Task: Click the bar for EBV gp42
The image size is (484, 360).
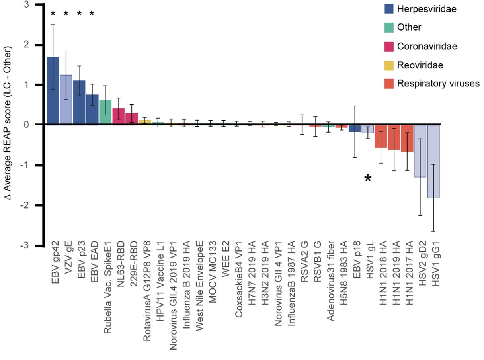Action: click(x=53, y=91)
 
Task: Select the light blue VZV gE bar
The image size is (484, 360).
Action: click(x=66, y=100)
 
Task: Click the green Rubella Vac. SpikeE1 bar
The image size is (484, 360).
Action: click(x=105, y=112)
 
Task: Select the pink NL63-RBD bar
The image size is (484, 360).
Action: click(x=118, y=116)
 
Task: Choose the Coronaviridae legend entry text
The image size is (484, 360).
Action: click(x=427, y=46)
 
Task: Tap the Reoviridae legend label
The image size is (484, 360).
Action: click(x=420, y=65)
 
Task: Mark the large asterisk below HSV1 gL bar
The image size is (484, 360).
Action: click(x=368, y=179)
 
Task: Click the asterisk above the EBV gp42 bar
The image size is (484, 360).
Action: click(x=53, y=14)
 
